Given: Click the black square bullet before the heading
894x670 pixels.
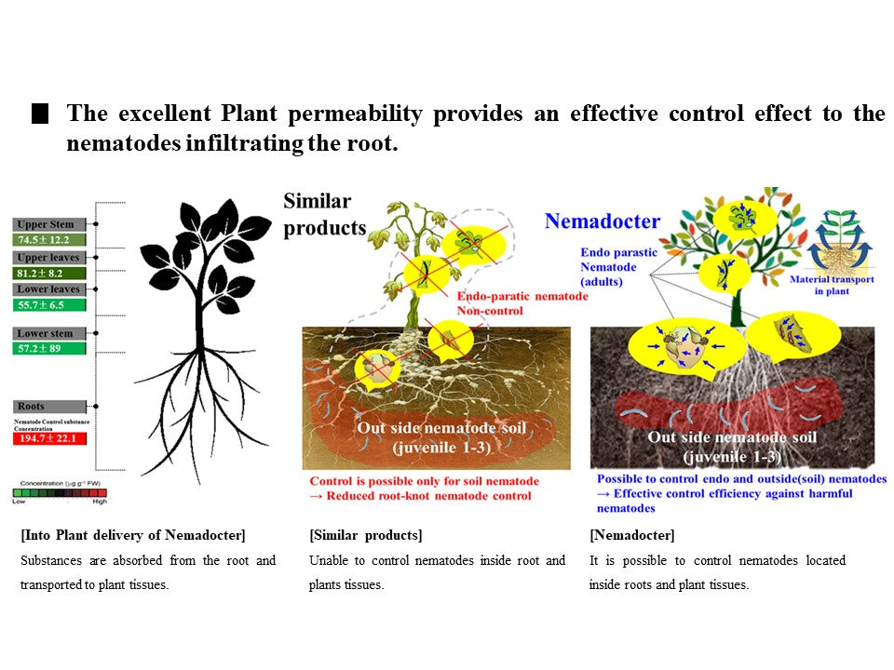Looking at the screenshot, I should [x=40, y=115].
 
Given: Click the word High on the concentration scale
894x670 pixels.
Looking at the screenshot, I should [x=100, y=501].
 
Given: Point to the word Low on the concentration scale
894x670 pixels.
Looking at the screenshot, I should [x=19, y=501].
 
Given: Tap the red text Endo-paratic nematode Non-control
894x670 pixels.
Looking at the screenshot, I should [x=521, y=302].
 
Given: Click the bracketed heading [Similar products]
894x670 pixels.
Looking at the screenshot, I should [x=366, y=535].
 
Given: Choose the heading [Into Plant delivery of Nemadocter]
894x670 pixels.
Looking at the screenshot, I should [x=133, y=535].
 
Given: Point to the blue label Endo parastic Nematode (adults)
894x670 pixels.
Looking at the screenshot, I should [x=618, y=266].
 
